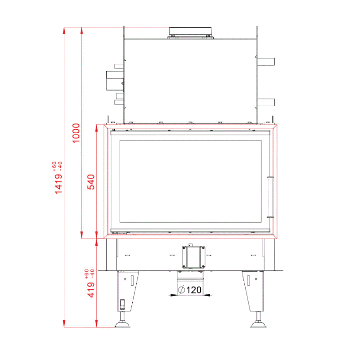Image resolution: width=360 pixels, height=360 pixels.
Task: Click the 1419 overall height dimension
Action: pyautogui.click(x=58, y=184)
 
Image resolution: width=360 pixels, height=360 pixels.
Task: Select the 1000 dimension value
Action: pyautogui.click(x=76, y=133)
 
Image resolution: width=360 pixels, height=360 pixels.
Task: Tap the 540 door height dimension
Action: pyautogui.click(x=91, y=182)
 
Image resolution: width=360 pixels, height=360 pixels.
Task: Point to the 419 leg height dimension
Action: pyautogui.click(x=91, y=290)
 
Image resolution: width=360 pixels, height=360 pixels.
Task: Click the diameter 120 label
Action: pyautogui.click(x=190, y=290)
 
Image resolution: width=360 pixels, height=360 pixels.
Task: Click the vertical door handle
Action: pyautogui.click(x=270, y=197)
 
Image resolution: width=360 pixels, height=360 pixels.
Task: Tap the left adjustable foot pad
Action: pyautogui.click(x=122, y=324)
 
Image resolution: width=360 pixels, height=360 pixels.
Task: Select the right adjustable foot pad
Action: pyautogui.click(x=258, y=324)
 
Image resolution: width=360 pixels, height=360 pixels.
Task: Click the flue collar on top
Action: pyautogui.click(x=190, y=32)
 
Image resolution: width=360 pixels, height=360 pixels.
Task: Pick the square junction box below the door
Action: pyautogui.click(x=193, y=257)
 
